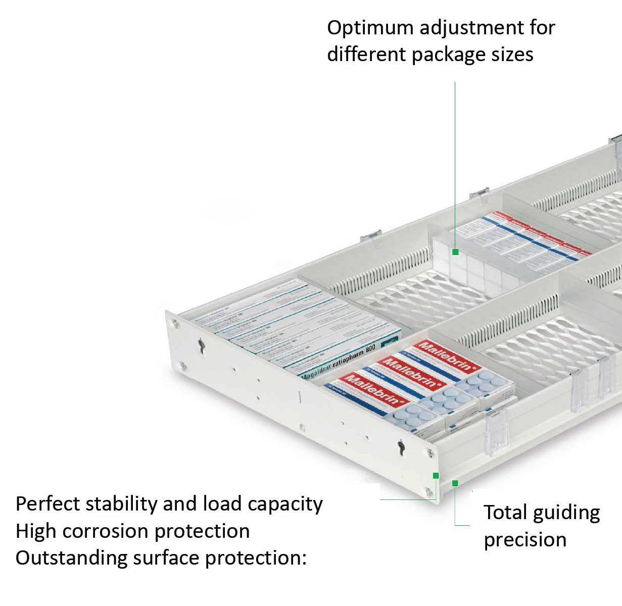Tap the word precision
[x=525, y=540]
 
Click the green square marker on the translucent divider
[x=455, y=251]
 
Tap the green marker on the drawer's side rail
[x=455, y=483]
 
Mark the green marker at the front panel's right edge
[x=436, y=475]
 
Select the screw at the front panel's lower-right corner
[x=428, y=491]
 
